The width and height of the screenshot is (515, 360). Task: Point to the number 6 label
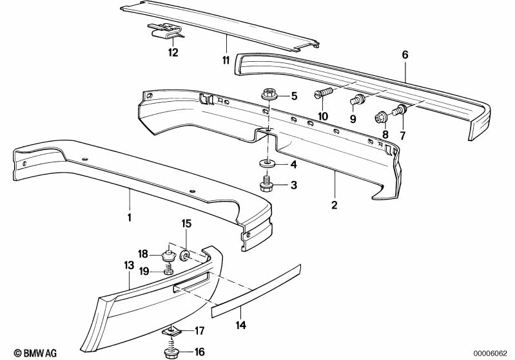pos(405,55)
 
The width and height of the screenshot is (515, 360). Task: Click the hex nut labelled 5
pos(269,96)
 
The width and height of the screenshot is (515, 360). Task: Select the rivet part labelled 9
pos(358,100)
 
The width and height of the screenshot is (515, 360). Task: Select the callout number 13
pos(128,265)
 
